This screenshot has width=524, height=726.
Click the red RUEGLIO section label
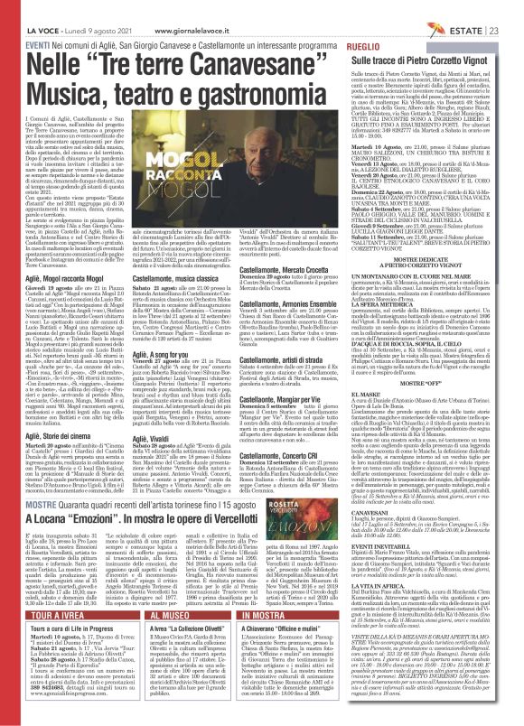click(x=363, y=44)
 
